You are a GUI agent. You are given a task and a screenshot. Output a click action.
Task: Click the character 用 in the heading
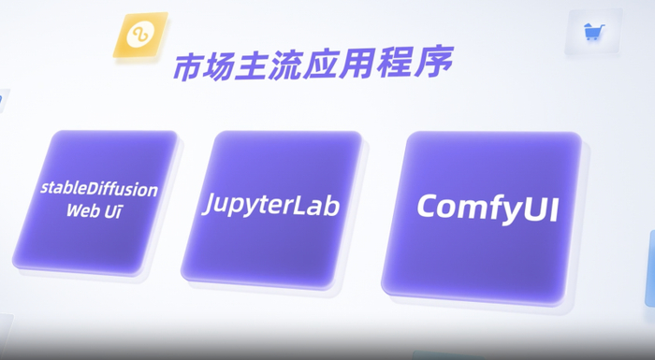[377, 65]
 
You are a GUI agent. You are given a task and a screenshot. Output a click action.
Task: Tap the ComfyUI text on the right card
[487, 207]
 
